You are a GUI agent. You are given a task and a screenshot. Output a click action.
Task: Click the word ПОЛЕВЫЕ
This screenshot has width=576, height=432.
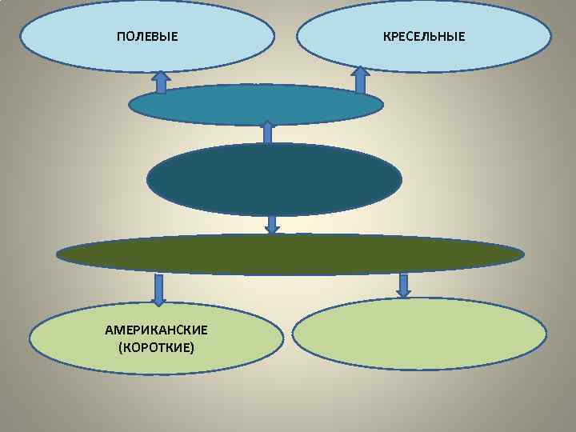coord(147,37)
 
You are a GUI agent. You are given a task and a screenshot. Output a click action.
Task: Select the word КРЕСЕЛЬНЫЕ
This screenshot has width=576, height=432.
coord(424,37)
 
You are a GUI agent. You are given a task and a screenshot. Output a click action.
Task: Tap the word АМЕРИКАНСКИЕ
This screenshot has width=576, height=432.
coord(156,330)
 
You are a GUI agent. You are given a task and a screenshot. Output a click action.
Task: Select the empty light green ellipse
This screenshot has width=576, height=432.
coord(420,334)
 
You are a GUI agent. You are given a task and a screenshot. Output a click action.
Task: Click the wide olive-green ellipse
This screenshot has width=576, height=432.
coord(290,254)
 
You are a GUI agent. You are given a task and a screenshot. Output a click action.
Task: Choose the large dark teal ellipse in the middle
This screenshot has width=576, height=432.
coord(274,179)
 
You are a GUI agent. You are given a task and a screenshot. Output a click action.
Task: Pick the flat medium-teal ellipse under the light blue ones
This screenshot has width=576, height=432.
coord(256,105)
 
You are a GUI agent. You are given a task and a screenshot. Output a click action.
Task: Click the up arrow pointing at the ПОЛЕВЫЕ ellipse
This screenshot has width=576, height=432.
coord(161,81)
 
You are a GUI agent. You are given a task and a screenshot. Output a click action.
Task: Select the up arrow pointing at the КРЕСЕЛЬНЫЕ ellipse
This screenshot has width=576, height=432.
coord(360,80)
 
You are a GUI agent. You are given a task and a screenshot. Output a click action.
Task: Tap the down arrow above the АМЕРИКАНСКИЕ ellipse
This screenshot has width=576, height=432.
coord(159,290)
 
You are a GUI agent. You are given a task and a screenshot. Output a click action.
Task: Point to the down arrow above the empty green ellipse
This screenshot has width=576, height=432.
coord(403,286)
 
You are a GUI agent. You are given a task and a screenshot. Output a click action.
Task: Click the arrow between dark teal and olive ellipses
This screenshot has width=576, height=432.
coord(272,224)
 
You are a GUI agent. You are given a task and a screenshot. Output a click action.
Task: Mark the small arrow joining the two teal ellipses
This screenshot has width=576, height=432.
coord(267,133)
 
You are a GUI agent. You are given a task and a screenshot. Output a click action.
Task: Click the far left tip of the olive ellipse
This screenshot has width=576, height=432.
coord(58,255)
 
